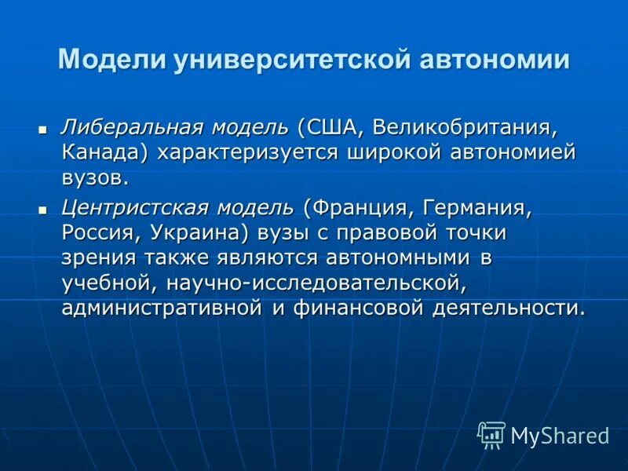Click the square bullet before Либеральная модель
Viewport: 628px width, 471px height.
43,128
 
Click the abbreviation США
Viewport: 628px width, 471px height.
329,127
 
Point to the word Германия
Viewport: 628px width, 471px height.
477,209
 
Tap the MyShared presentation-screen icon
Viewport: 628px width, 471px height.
491,435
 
